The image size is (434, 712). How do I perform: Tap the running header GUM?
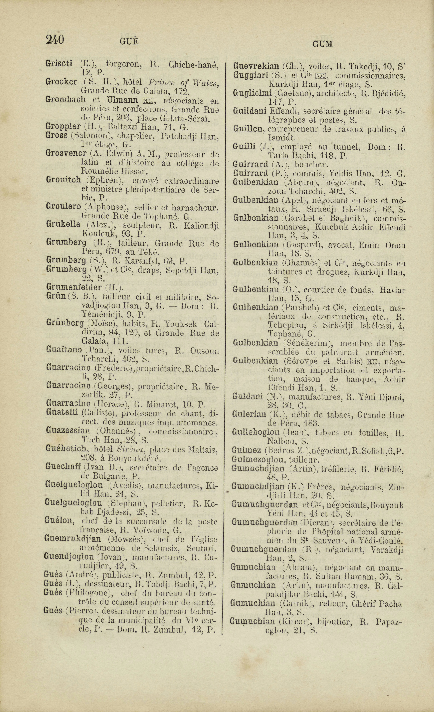pyautogui.click(x=322, y=44)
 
